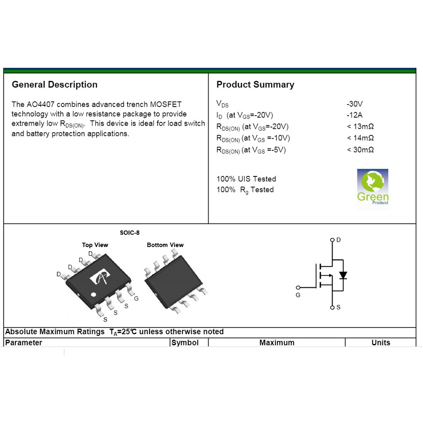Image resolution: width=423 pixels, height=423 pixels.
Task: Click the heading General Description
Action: coord(55,84)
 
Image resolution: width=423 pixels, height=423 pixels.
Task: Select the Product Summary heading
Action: coord(255,84)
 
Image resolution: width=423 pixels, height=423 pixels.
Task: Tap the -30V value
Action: coord(354,104)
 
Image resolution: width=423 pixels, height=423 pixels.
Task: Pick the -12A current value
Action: coord(354,115)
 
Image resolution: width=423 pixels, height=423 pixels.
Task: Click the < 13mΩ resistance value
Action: coord(360,126)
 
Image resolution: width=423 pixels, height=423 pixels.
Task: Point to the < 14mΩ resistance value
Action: coord(360,138)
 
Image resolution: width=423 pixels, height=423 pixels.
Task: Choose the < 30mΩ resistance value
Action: coord(360,150)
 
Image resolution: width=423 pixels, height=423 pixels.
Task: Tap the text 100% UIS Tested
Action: coord(246,179)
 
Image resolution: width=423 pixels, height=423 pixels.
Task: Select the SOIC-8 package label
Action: coord(129,233)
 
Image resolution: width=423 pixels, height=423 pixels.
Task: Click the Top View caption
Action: coord(95,245)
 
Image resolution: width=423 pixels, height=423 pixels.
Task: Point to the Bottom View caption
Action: coord(165,245)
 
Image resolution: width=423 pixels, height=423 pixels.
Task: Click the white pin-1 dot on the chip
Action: coord(93,295)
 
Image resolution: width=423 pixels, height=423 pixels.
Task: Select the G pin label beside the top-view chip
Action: coord(136,299)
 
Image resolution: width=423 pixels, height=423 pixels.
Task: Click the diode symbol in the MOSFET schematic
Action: coord(343,275)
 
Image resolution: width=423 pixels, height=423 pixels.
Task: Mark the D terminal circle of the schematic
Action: coord(332,240)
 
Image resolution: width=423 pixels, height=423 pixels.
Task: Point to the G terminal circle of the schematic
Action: coord(298,288)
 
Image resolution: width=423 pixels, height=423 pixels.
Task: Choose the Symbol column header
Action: coord(185,342)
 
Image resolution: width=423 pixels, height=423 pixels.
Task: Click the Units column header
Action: coord(380,342)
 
